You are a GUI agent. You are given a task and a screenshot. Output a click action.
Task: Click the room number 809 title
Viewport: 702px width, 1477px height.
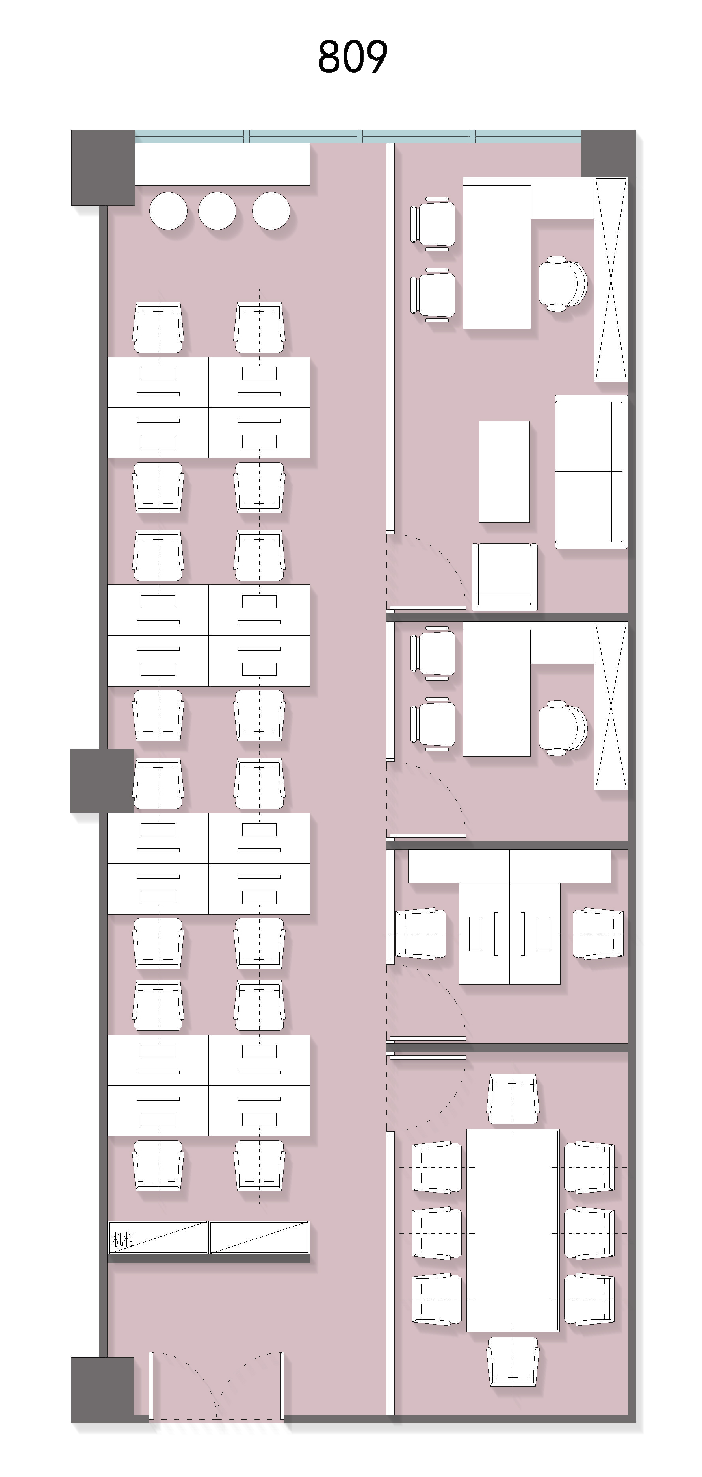(353, 57)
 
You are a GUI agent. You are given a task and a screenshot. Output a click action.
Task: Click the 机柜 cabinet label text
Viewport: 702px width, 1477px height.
(123, 1240)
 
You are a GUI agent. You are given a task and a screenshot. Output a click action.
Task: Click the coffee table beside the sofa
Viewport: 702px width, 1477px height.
(504, 472)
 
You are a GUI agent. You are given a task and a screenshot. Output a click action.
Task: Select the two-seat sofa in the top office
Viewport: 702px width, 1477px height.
(591, 471)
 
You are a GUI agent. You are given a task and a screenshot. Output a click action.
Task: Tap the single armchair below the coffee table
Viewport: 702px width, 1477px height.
(505, 576)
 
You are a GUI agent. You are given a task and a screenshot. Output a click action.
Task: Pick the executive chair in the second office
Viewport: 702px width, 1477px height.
(563, 728)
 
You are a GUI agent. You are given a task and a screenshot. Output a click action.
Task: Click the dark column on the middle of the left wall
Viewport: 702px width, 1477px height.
(102, 780)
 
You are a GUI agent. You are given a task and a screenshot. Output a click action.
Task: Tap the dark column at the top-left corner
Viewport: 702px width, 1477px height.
(103, 167)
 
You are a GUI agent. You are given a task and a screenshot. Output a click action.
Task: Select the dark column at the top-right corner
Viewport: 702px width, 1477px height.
(609, 153)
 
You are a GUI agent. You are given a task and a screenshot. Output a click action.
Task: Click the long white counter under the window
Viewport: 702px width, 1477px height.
(223, 164)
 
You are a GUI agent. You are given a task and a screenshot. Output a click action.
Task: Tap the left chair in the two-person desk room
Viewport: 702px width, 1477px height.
(421, 934)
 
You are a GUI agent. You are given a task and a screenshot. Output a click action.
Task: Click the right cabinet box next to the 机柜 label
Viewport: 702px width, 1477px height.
(259, 1237)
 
